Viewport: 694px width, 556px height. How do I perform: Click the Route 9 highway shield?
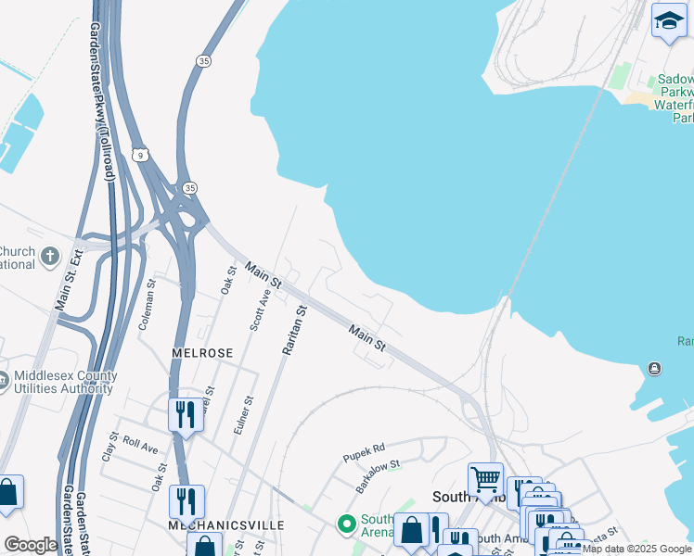138,152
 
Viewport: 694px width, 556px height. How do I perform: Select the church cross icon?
50,256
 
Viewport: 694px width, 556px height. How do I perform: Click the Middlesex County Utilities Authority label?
65,382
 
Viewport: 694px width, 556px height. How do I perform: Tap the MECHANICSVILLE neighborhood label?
225,524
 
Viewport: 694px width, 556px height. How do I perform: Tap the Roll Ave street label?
140,445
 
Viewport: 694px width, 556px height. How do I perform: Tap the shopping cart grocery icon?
484,479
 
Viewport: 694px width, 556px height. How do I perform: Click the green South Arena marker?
347,524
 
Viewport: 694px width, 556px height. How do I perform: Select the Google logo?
31,545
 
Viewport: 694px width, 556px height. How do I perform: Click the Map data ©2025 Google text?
636,550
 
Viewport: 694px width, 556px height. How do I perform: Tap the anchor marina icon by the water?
655,369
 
